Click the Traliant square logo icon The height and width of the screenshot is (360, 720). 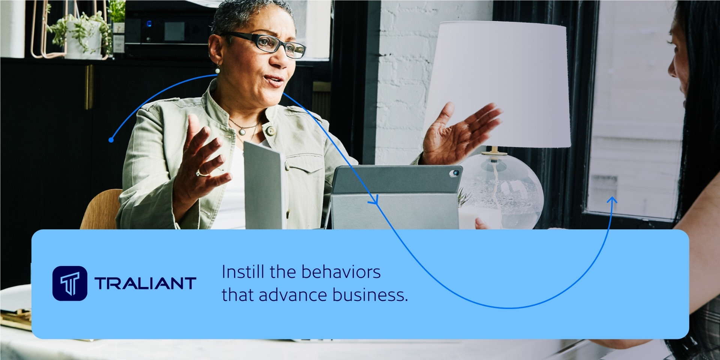70,283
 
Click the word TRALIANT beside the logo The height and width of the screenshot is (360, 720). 145,283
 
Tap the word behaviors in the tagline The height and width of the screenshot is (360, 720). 341,272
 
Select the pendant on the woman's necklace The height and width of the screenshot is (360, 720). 243,132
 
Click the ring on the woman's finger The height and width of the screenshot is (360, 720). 203,172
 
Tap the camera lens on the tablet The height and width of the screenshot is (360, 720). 456,173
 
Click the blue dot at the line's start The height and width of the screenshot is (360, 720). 111,140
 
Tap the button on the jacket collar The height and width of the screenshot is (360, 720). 270,131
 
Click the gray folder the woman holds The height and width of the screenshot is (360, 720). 263,184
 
